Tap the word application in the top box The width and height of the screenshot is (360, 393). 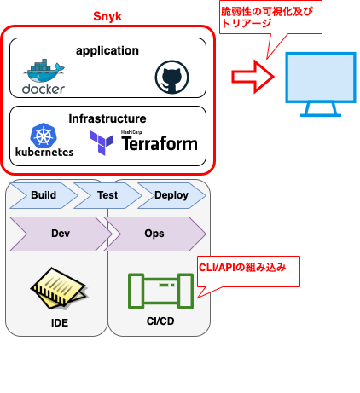pyautogui.click(x=107, y=50)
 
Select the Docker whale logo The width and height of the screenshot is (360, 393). pyautogui.click(x=44, y=72)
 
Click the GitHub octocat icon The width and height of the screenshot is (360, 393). pyautogui.click(x=170, y=78)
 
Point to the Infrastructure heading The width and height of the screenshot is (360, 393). pyautogui.click(x=107, y=118)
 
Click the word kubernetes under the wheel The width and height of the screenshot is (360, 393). pyautogui.click(x=44, y=153)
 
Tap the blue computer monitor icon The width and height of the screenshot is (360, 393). pyautogui.click(x=320, y=84)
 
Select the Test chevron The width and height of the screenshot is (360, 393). pyautogui.click(x=107, y=195)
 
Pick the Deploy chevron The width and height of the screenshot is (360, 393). pyautogui.click(x=171, y=195)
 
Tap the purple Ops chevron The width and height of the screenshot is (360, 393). pyautogui.click(x=154, y=233)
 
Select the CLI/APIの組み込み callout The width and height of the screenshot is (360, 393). pyautogui.click(x=243, y=267)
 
